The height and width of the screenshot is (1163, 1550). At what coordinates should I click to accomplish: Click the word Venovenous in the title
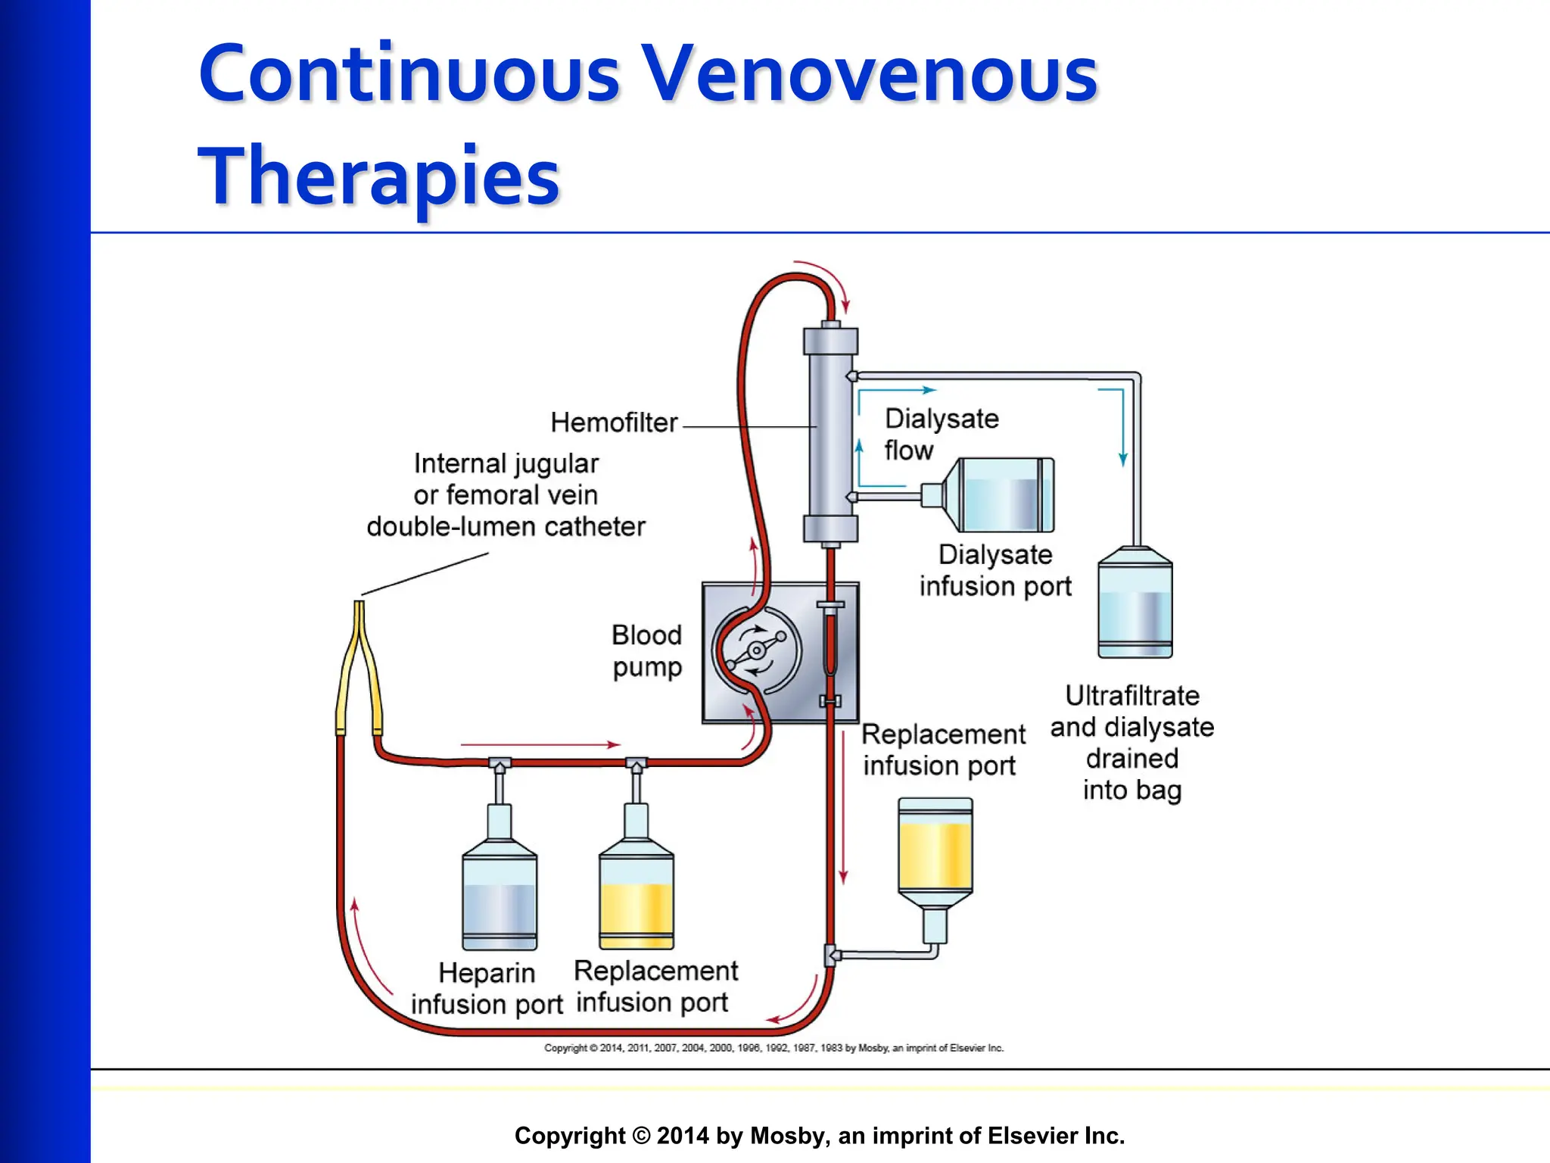pyautogui.click(x=870, y=74)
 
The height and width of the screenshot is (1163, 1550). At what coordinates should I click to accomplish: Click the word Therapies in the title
pyautogui.click(x=378, y=176)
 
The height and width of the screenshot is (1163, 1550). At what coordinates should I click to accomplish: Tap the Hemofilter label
pyautogui.click(x=614, y=422)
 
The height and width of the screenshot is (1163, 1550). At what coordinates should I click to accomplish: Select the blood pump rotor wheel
pyautogui.click(x=756, y=650)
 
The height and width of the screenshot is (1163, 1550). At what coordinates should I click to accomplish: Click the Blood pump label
pyautogui.click(x=647, y=651)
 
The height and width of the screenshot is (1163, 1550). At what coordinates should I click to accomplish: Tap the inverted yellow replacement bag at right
pyautogui.click(x=935, y=852)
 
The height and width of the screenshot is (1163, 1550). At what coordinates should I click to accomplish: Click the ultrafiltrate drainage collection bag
pyautogui.click(x=1134, y=606)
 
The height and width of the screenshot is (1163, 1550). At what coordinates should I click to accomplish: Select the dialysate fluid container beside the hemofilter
pyautogui.click(x=999, y=495)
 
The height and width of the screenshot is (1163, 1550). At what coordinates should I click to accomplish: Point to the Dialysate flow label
pyautogui.click(x=941, y=435)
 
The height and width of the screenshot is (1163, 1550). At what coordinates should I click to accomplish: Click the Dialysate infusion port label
pyautogui.click(x=995, y=571)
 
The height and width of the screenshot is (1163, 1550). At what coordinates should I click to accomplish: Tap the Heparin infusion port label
pyautogui.click(x=487, y=988)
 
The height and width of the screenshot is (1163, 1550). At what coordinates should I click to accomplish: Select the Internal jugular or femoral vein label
pyautogui.click(x=506, y=495)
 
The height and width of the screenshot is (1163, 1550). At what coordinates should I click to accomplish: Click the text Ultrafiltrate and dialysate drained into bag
pyautogui.click(x=1132, y=743)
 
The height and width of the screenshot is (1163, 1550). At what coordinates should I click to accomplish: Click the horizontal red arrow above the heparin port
pyautogui.click(x=540, y=745)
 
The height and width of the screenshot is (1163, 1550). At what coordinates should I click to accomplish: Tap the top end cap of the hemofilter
pyautogui.click(x=830, y=340)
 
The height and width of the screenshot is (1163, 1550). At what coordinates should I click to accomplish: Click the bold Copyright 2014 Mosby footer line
pyautogui.click(x=820, y=1136)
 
